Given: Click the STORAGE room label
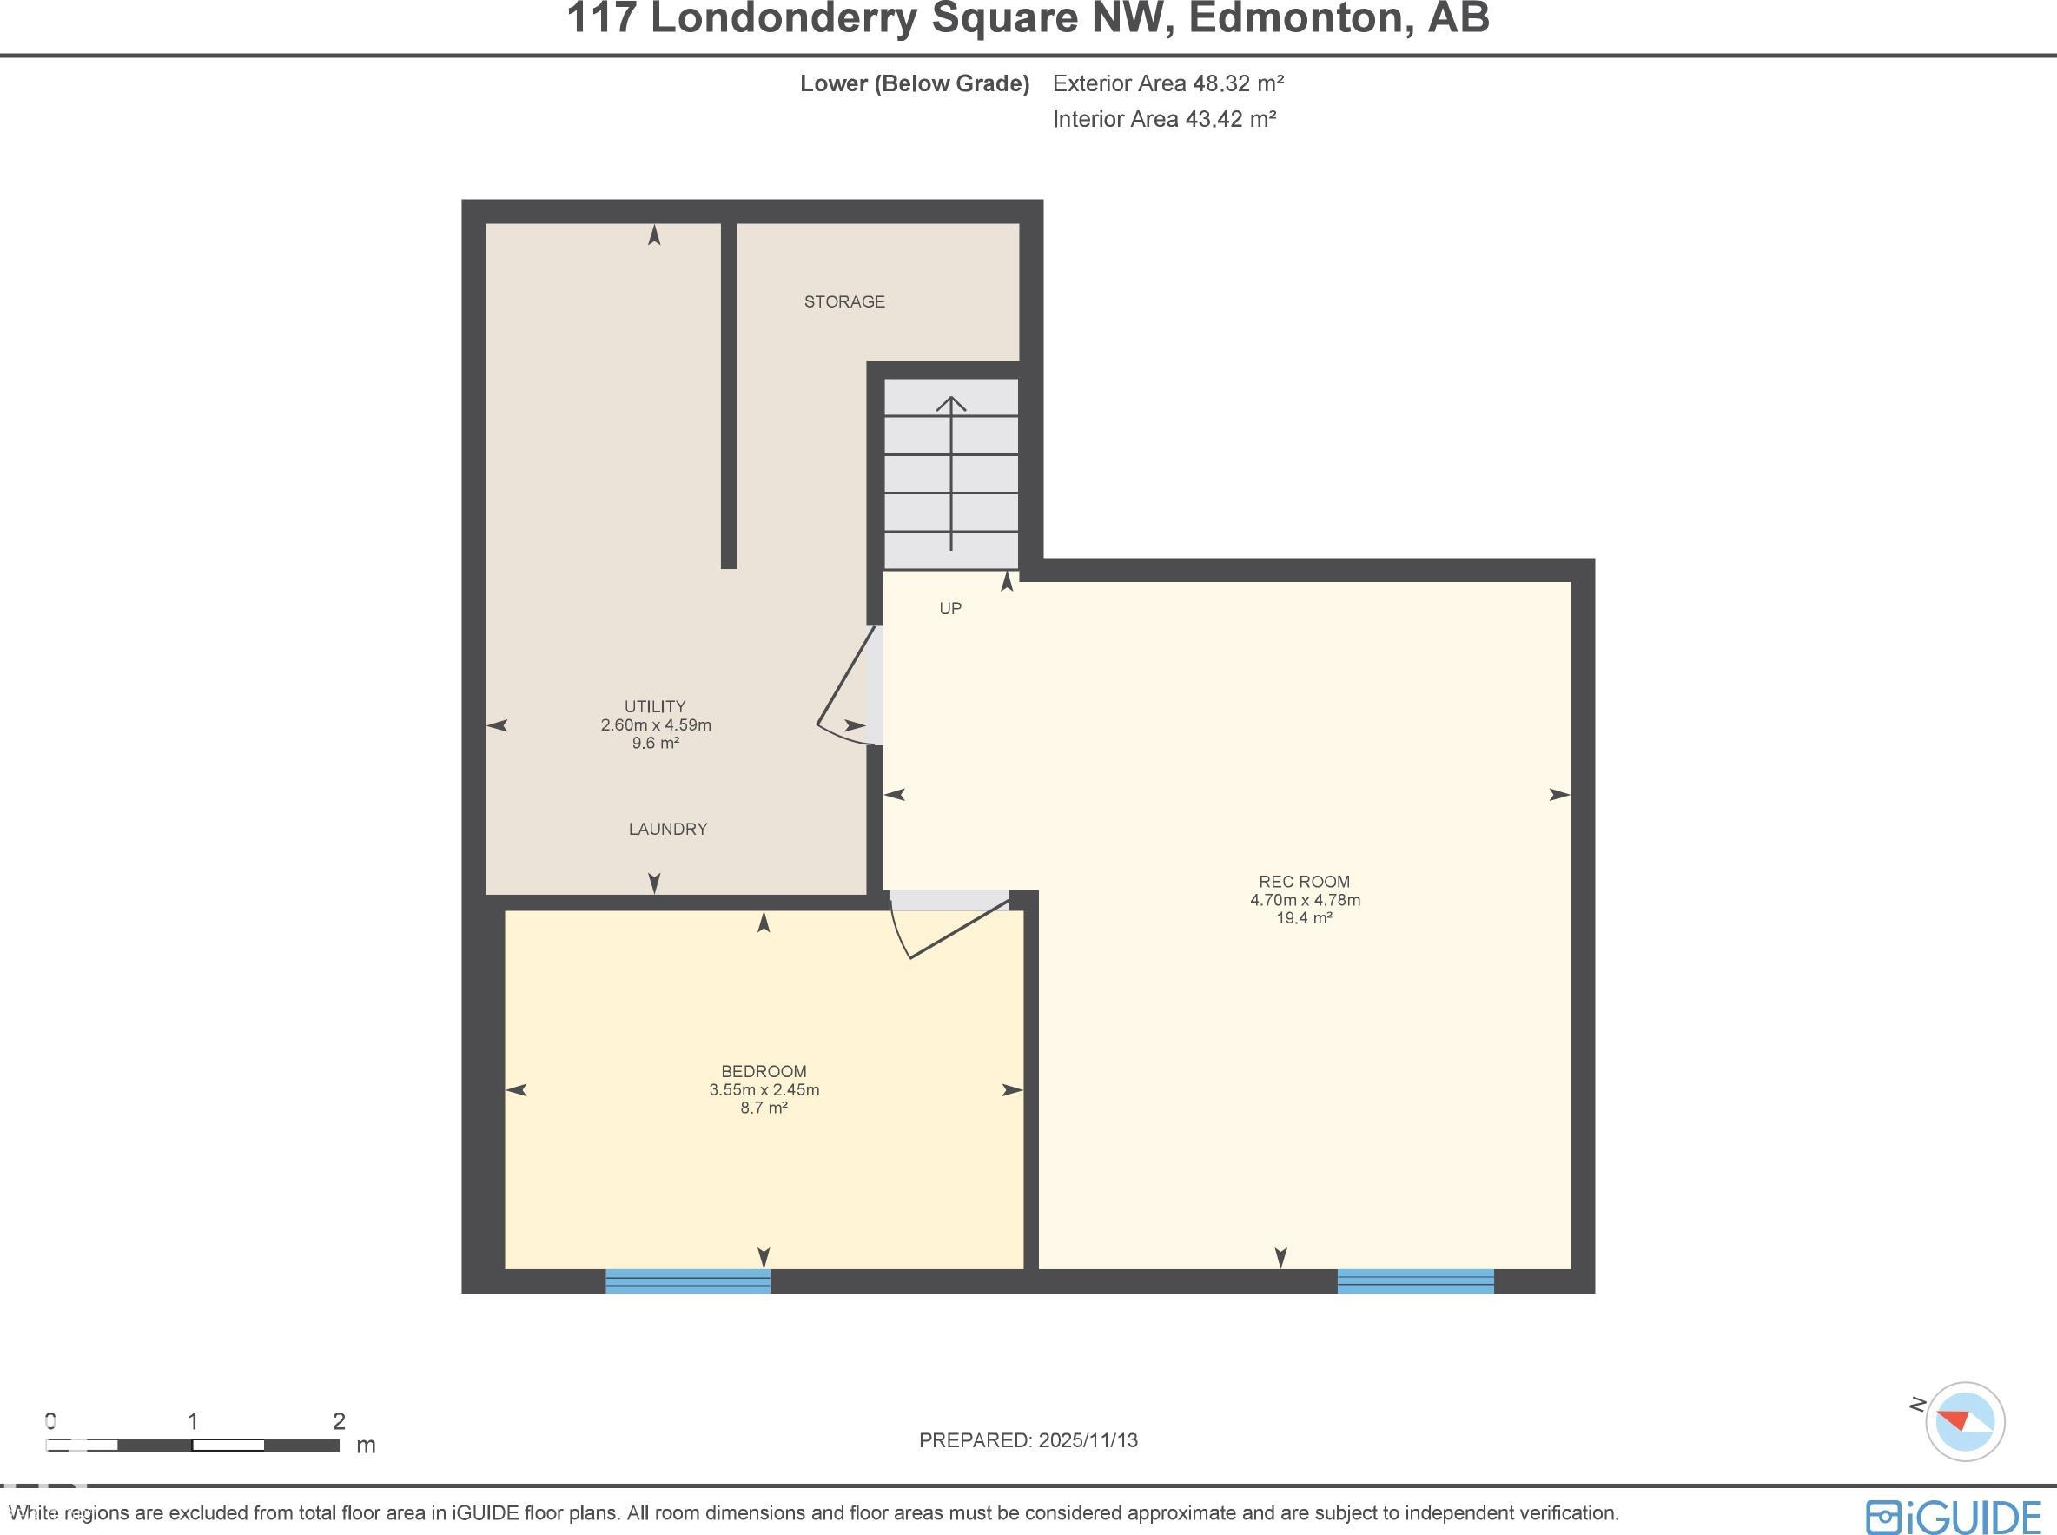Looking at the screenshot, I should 843,302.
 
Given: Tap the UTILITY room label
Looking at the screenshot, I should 655,706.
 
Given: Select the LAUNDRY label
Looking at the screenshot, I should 668,829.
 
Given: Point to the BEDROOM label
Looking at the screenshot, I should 764,1071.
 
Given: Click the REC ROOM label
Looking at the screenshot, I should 1305,882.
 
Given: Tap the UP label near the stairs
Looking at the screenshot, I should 949,609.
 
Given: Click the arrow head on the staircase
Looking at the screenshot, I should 950,404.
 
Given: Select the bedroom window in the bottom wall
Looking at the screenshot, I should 687,1280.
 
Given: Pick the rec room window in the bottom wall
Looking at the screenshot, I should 1415,1280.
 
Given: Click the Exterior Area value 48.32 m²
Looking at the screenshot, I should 1238,83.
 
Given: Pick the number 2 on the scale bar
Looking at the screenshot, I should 339,1420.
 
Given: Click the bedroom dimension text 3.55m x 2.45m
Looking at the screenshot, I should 764,1090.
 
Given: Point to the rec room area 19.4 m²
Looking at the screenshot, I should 1305,918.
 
